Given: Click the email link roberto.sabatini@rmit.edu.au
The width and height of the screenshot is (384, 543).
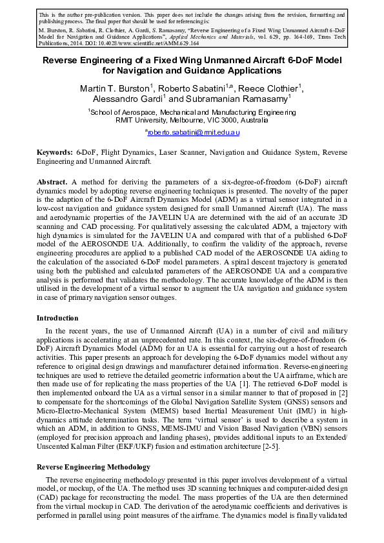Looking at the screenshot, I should click(194, 132).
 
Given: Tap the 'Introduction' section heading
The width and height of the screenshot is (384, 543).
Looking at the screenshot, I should click(57, 318).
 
